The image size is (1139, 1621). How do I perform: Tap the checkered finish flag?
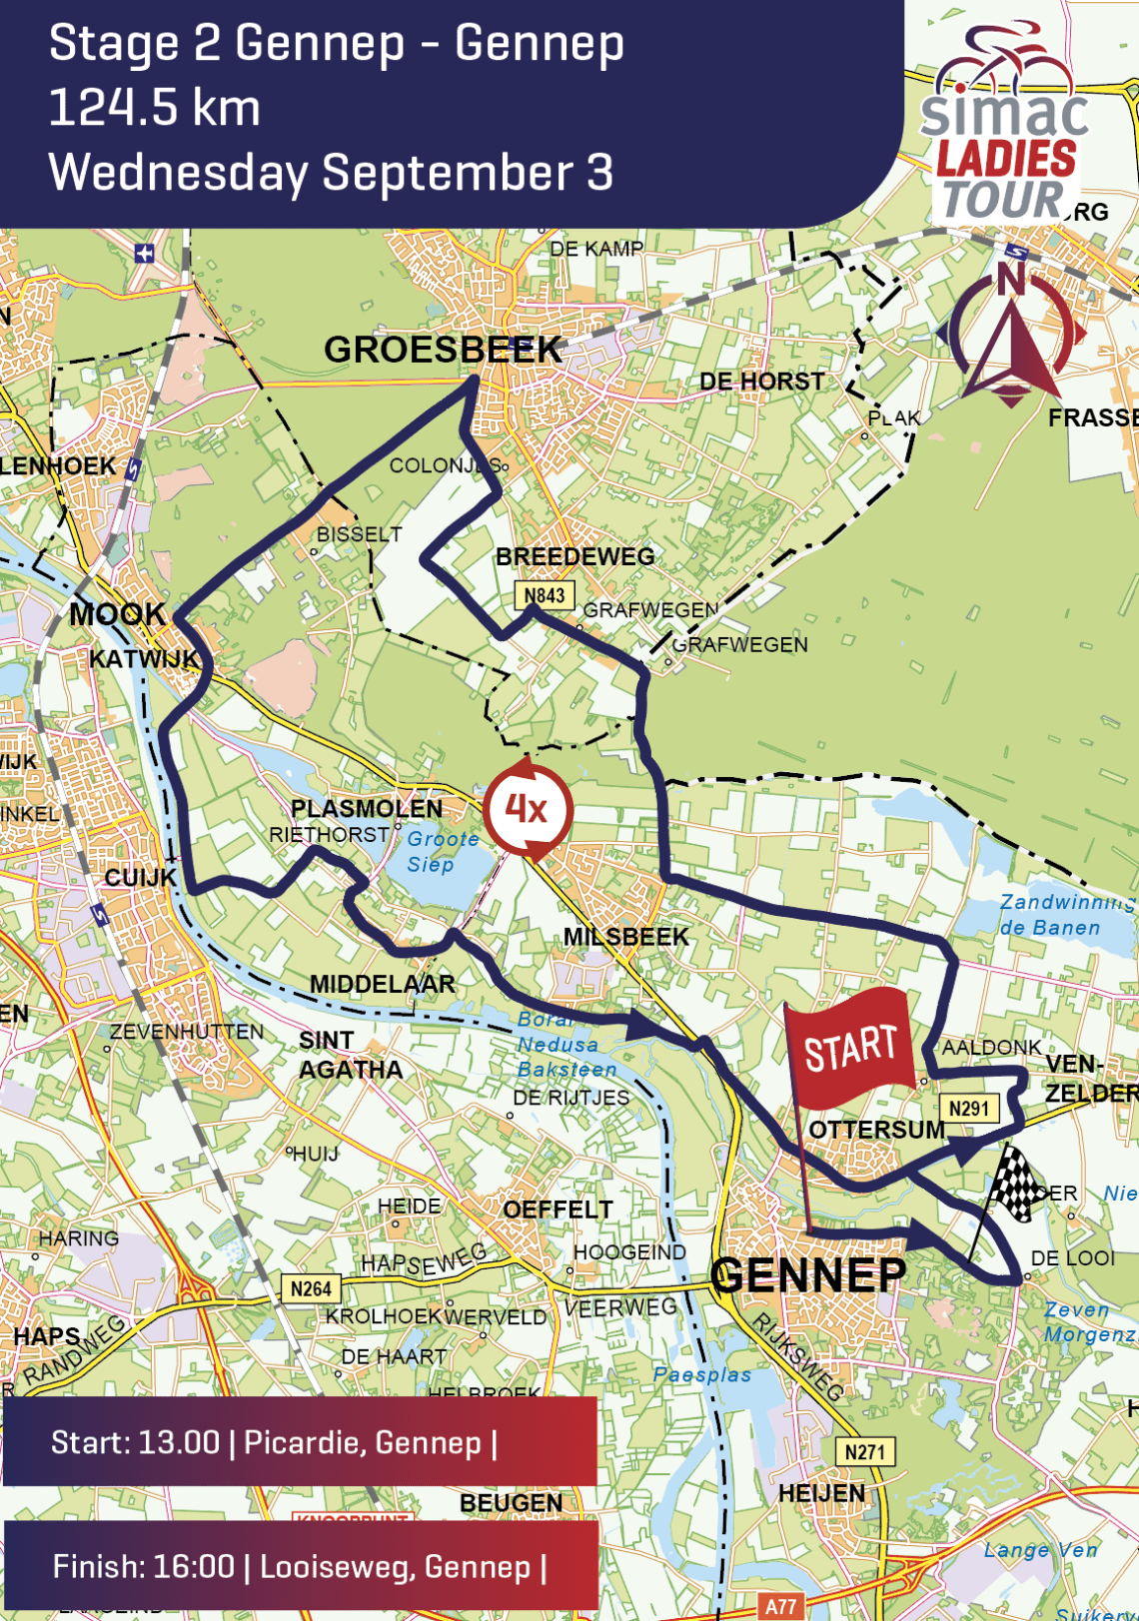tap(1014, 1183)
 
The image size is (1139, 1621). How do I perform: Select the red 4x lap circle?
tap(527, 809)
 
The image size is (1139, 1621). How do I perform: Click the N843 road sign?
tap(545, 595)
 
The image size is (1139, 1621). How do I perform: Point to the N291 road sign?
tap(968, 1108)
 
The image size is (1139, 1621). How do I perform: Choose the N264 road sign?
tap(311, 1288)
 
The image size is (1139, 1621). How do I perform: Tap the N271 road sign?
tap(864, 1451)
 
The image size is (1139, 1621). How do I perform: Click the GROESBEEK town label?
tap(443, 350)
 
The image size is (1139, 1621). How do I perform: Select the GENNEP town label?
tap(808, 1275)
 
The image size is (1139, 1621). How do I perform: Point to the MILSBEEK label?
tap(625, 937)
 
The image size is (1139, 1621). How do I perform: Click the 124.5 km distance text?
tap(155, 108)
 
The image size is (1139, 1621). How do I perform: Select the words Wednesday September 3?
tap(331, 172)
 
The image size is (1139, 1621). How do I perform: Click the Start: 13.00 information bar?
tap(300, 1442)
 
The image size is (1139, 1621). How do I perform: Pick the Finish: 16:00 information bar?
tap(300, 1566)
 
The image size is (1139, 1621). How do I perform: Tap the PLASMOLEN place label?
tap(366, 808)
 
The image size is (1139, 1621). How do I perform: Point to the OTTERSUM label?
tap(876, 1130)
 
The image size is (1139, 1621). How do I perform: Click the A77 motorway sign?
tap(780, 1607)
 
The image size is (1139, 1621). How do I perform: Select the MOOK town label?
tap(117, 614)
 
